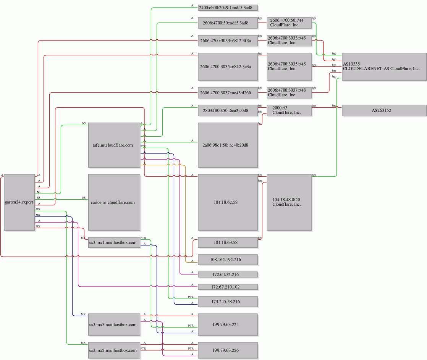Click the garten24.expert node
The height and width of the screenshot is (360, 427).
[x=19, y=202]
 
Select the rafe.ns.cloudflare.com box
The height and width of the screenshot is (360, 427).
[x=114, y=145]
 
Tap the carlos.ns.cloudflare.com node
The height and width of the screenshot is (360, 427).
[x=114, y=202]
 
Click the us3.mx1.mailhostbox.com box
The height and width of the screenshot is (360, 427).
[x=114, y=242]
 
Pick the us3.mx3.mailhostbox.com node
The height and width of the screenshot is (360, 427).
[x=114, y=324]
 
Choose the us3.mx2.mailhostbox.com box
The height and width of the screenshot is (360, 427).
[x=114, y=350]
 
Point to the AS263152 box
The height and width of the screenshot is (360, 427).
[x=384, y=110]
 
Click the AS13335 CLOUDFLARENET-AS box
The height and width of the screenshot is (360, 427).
[x=384, y=66]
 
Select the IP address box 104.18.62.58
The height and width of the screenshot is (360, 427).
[x=228, y=202]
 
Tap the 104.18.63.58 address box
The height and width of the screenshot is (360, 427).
[x=228, y=242]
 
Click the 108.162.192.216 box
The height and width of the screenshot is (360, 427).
[x=228, y=260]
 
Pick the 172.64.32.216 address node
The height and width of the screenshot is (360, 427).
[x=228, y=274]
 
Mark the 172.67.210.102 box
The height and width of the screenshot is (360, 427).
[x=228, y=287]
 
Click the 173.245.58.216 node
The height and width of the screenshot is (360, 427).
[x=228, y=302]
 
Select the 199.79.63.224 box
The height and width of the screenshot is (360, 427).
[x=228, y=324]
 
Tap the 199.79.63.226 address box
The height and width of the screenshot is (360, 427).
[x=228, y=350]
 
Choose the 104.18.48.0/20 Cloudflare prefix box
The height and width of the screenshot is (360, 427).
[x=289, y=202]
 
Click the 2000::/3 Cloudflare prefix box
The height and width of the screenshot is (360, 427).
[x=289, y=110]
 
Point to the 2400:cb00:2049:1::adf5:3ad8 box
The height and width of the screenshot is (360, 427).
[x=228, y=7]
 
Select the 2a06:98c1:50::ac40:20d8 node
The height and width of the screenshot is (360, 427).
[x=228, y=145]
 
